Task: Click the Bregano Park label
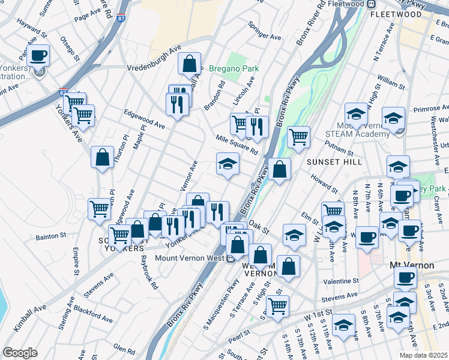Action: pos(234,68)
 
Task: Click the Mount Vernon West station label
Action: pos(189,259)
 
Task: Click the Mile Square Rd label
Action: pos(237,145)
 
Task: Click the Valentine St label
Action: pos(340,280)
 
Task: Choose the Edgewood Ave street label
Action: pos(144,119)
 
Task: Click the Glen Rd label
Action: pos(124,349)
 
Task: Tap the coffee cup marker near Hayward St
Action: pos(38,55)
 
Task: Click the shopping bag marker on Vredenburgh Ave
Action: pos(189,62)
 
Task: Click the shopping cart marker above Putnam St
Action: pos(298,137)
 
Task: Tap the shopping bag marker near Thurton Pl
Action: pos(103,158)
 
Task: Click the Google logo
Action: pos(20,353)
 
